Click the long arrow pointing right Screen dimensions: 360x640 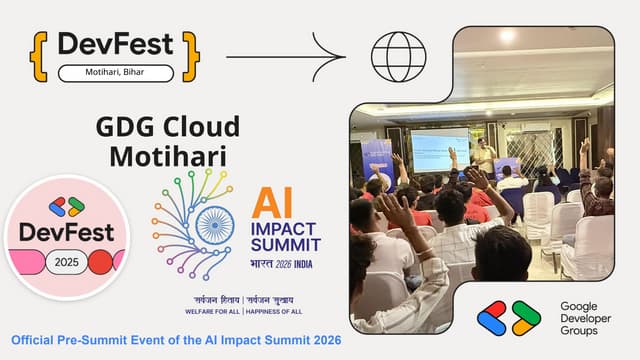pyautogui.click(x=285, y=56)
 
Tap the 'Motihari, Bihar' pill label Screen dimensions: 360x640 pyautogui.click(x=115, y=73)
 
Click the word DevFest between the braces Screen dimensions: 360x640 pyautogui.click(x=115, y=44)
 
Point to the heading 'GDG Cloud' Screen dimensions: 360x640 pyautogui.click(x=167, y=127)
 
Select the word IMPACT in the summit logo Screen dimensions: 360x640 pyautogui.click(x=285, y=227)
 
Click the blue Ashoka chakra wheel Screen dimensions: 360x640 pyautogui.click(x=213, y=225)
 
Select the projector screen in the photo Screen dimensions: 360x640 pyautogui.click(x=440, y=149)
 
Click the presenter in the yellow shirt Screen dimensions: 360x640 pyautogui.click(x=485, y=158)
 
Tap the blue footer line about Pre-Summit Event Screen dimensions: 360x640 pyautogui.click(x=176, y=341)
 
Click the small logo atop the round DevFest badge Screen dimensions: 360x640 pyautogui.click(x=66, y=206)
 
